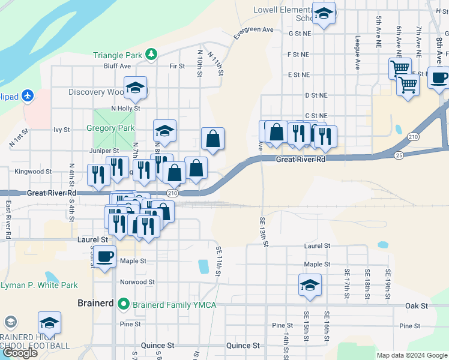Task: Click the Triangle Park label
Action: click(118, 55)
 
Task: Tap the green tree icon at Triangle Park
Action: click(152, 55)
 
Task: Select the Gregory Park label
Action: click(110, 128)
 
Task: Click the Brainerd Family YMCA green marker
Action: click(124, 303)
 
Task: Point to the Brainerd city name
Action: click(96, 303)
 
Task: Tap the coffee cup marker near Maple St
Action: click(105, 257)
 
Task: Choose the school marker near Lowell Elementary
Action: click(324, 14)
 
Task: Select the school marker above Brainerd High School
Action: click(49, 323)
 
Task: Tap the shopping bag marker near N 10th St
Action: click(212, 139)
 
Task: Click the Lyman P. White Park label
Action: click(40, 285)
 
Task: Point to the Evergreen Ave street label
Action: click(253, 29)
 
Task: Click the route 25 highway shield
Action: click(399, 155)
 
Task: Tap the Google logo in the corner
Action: click(20, 353)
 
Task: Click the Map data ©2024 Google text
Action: click(412, 355)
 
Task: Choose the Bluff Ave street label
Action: click(117, 66)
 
